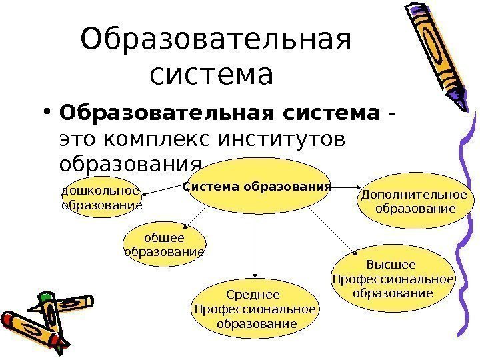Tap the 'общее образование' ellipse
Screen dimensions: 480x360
coord(164,245)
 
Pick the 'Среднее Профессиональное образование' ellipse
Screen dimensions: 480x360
coord(253,309)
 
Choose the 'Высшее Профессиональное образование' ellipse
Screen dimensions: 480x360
coord(392,278)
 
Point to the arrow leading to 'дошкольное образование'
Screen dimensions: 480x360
coord(161,191)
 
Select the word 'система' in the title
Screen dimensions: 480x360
coord(212,74)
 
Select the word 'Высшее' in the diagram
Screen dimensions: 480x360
coord(392,264)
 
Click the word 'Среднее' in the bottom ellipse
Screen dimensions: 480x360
coord(253,295)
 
